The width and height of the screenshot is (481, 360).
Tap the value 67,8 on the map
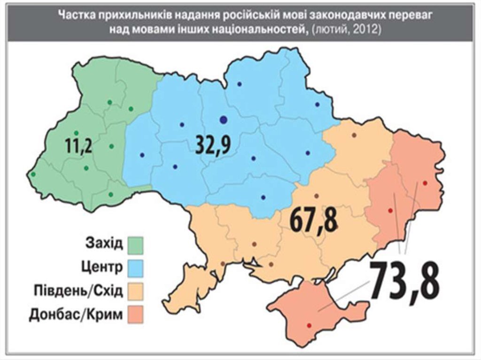pyautogui.click(x=313, y=220)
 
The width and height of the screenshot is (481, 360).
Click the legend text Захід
pyautogui.click(x=104, y=244)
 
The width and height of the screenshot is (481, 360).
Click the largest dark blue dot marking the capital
pyautogui.click(x=224, y=120)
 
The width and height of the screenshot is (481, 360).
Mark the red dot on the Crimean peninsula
pyautogui.click(x=309, y=325)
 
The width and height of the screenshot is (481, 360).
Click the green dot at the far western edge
pyautogui.click(x=33, y=175)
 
